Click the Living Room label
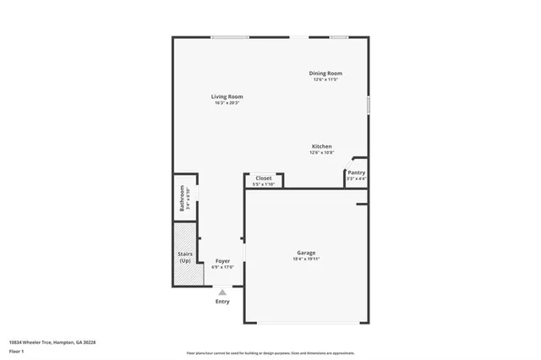[x=227, y=97]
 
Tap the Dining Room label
[x=325, y=74]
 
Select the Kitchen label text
[x=321, y=146]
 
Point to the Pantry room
[x=356, y=175]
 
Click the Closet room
[x=264, y=179]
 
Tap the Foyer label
[x=222, y=261]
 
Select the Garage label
[x=306, y=253]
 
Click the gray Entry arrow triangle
[x=222, y=292]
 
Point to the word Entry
[x=222, y=302]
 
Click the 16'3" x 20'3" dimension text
[x=227, y=104]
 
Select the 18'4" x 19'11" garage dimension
[x=306, y=259]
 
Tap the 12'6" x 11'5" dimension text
[x=325, y=80]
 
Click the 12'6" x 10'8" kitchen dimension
[x=321, y=153]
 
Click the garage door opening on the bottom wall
[x=306, y=323]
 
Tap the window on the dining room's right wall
[x=369, y=104]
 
